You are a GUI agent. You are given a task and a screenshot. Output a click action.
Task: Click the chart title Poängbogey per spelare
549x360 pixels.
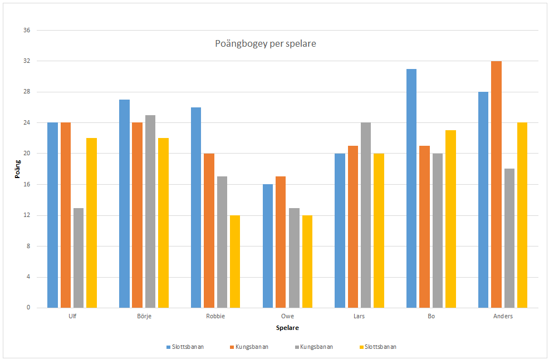(x=265, y=43)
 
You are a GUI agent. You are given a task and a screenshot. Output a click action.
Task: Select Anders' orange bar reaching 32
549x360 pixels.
(x=496, y=185)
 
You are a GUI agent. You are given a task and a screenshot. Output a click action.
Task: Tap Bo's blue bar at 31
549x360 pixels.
(x=411, y=189)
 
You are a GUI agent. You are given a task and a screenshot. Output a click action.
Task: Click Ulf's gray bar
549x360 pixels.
(x=79, y=258)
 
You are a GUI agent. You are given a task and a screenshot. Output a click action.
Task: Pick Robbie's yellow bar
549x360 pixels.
(x=235, y=262)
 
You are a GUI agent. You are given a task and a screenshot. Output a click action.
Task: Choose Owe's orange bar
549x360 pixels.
(x=281, y=242)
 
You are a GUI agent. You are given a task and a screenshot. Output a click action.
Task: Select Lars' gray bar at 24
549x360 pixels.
(x=365, y=215)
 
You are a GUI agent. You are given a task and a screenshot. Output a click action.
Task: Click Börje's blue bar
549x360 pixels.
(x=124, y=204)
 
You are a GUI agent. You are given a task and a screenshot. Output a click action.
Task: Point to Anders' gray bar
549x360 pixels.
(x=509, y=238)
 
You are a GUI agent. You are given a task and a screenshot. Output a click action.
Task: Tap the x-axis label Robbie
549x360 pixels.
(x=215, y=316)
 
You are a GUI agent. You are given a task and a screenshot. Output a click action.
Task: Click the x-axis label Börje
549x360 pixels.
(x=144, y=316)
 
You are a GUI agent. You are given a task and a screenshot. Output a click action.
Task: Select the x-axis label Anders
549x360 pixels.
(x=503, y=316)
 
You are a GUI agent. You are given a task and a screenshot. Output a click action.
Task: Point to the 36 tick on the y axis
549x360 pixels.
(x=26, y=30)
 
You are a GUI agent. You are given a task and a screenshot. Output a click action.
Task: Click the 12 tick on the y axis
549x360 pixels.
(x=26, y=215)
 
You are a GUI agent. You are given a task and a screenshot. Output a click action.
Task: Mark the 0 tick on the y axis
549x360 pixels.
(x=28, y=308)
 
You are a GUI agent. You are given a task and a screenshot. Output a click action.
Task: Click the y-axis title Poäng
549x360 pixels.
(x=17, y=169)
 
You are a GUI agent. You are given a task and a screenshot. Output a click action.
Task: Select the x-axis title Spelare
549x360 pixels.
(x=287, y=328)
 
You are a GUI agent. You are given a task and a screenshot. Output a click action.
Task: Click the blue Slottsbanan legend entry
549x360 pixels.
(x=186, y=347)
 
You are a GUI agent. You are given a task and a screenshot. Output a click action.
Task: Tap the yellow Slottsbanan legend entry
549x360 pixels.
(x=379, y=347)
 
